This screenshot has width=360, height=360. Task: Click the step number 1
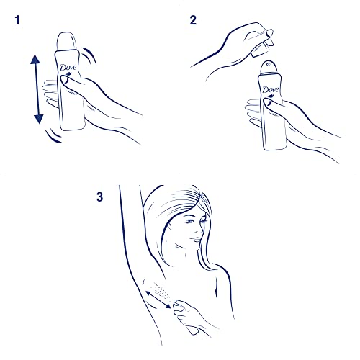coord(16,22)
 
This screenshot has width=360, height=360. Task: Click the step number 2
coord(193,22)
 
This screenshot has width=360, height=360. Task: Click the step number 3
coord(100,196)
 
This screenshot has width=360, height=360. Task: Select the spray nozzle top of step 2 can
coord(269,66)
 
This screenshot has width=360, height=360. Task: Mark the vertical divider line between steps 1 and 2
coord(179,86)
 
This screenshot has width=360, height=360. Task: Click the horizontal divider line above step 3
coord(180,174)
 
